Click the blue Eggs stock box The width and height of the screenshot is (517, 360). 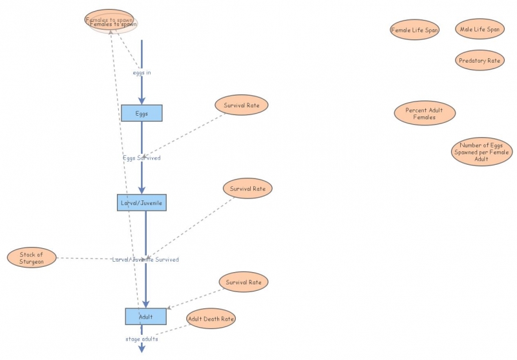click(142, 113)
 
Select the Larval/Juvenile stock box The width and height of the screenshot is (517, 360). click(142, 202)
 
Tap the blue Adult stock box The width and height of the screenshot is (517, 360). click(145, 316)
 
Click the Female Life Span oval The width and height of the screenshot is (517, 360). click(414, 30)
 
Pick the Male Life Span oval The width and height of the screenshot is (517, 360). click(479, 29)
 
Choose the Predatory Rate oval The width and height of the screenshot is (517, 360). click(479, 61)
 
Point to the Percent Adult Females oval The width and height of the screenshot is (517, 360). click(425, 113)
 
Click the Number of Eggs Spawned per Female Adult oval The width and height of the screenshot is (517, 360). click(481, 152)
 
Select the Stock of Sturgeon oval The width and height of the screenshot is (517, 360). click(32, 258)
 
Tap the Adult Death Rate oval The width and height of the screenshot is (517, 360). click(211, 318)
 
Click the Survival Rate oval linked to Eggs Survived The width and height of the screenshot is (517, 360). click(242, 105)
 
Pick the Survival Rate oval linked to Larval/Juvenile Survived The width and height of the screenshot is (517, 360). click(248, 189)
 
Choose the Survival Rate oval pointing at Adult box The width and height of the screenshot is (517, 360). click(243, 282)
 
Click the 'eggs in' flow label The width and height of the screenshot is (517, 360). click(142, 72)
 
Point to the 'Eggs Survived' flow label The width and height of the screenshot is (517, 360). click(142, 158)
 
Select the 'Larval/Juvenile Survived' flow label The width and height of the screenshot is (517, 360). click(145, 259)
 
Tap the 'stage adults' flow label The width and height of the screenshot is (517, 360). click(142, 338)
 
